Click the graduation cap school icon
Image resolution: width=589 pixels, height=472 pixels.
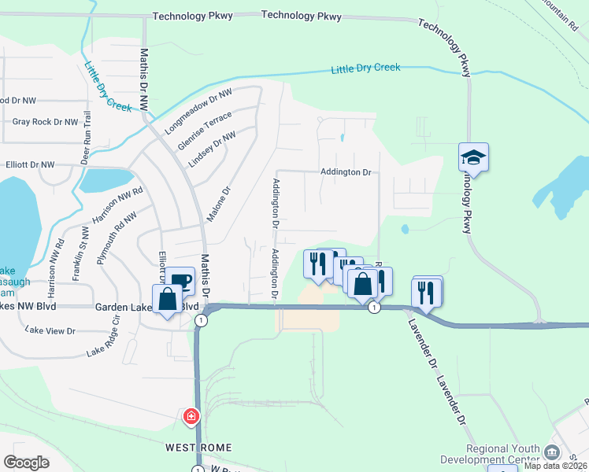tap(474, 157)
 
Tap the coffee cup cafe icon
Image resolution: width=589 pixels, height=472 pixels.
tap(180, 281)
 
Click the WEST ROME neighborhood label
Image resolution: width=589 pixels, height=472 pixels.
tap(198, 448)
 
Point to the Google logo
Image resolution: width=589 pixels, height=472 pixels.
tap(26, 463)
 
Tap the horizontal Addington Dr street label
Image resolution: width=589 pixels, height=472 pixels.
tap(346, 171)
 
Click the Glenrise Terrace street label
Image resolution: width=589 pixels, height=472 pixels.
tap(206, 128)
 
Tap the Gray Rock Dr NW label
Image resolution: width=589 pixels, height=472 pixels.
tap(45, 122)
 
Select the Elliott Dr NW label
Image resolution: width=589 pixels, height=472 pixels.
tap(30, 165)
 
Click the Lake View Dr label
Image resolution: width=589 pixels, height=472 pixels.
tap(50, 331)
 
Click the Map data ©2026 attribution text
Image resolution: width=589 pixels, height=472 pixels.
tap(556, 466)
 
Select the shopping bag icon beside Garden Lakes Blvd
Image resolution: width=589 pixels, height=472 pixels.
tap(167, 300)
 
